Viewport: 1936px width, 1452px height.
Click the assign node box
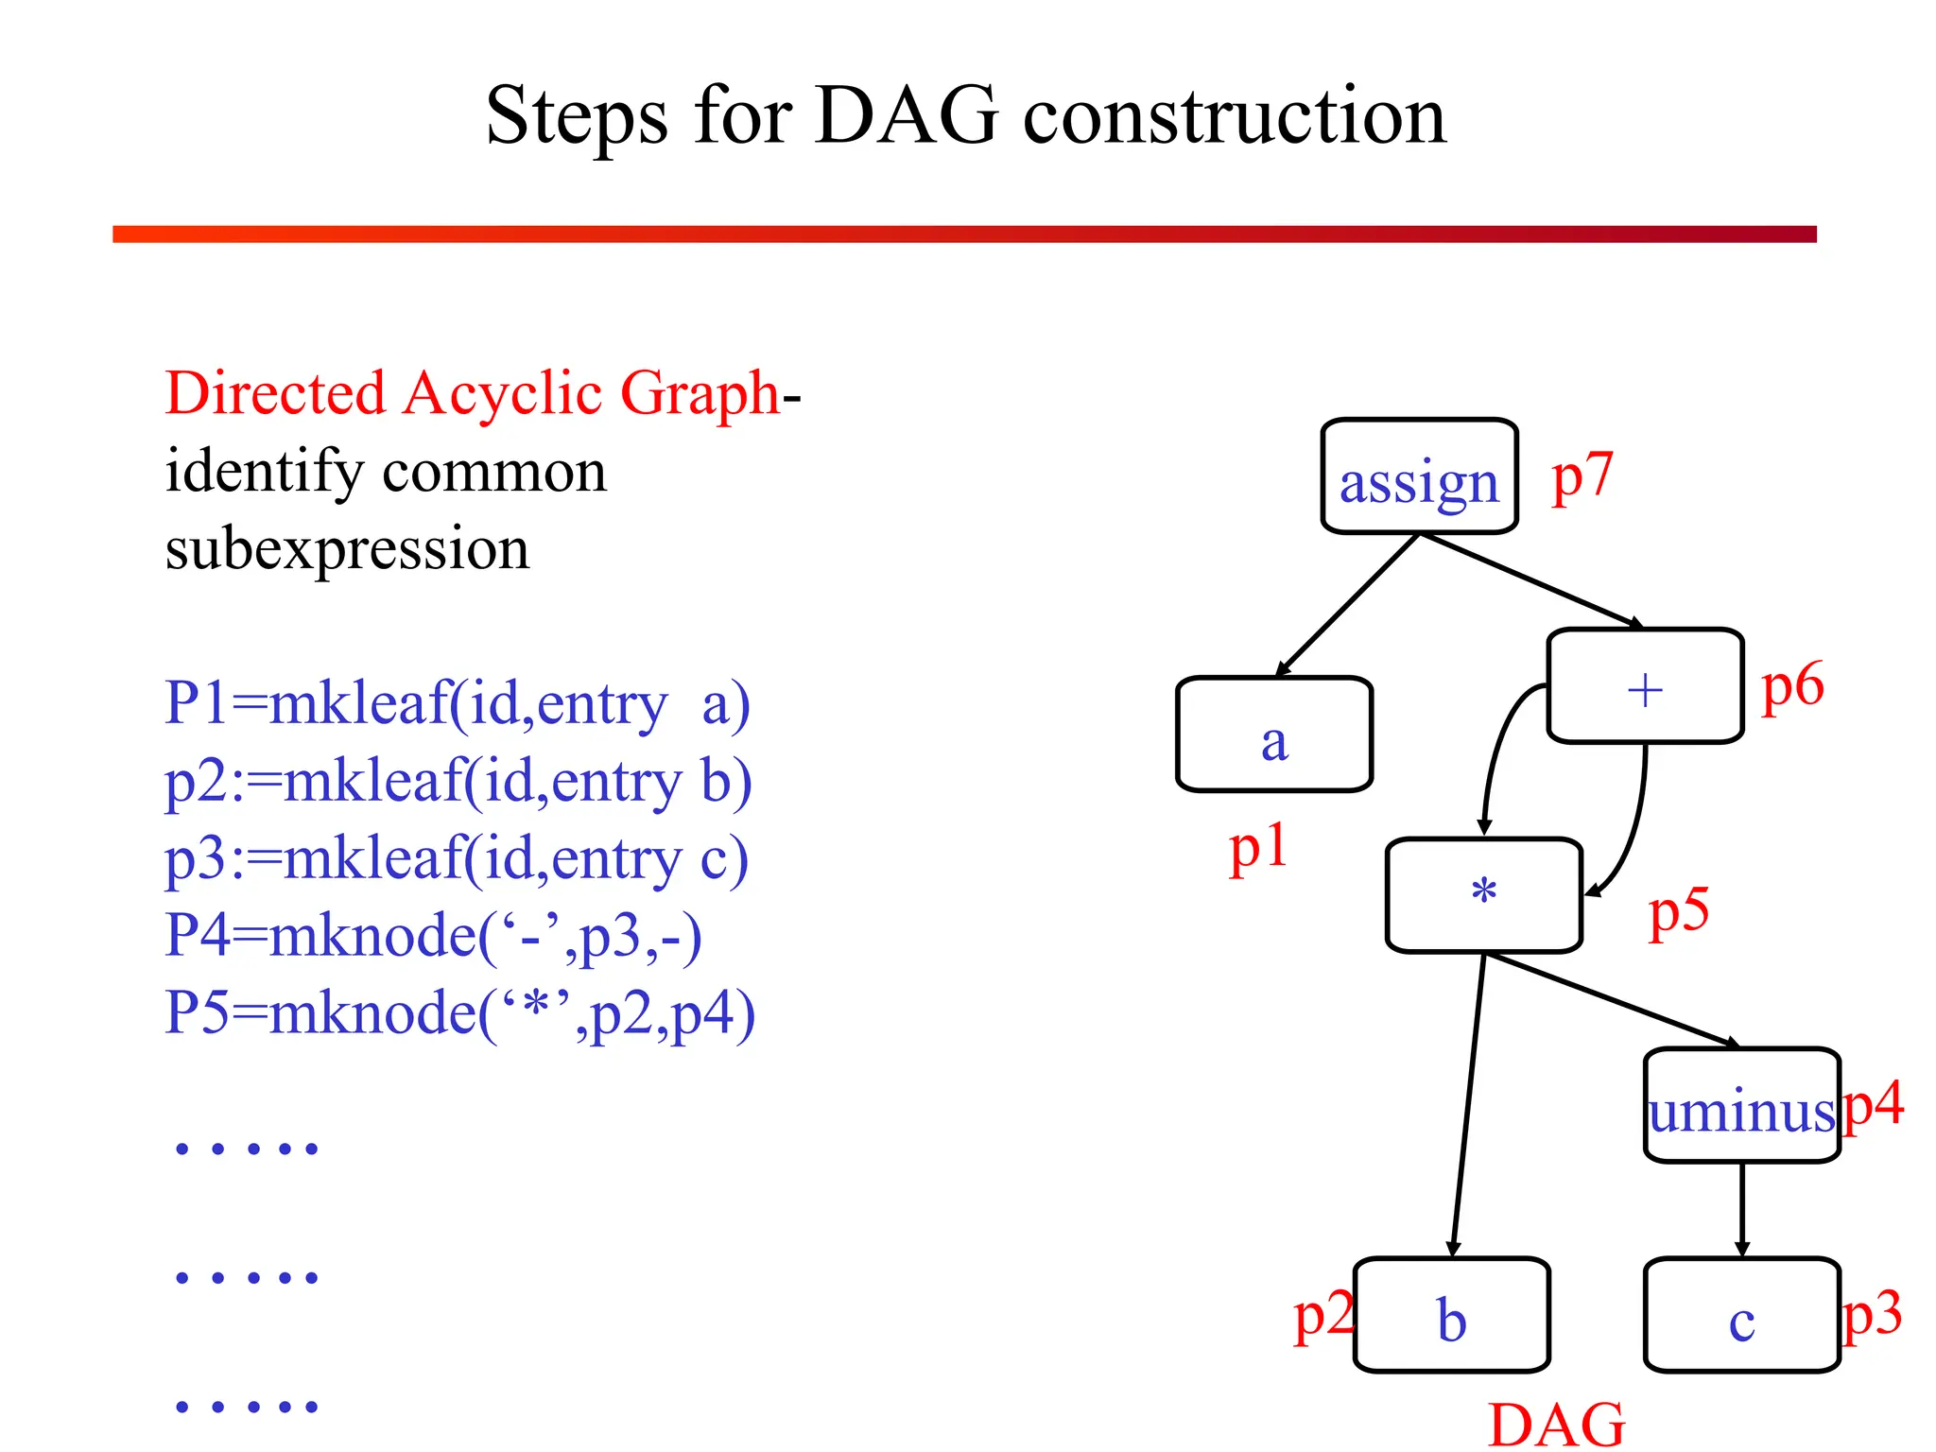point(1419,477)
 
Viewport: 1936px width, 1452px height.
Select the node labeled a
point(1273,735)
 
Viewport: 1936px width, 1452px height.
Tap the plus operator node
point(1645,687)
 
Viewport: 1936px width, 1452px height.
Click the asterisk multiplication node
point(1483,895)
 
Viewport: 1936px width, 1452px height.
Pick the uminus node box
point(1741,1106)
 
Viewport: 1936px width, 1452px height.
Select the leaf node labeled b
point(1451,1316)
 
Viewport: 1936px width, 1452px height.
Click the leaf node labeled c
point(1741,1316)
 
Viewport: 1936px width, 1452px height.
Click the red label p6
point(1792,685)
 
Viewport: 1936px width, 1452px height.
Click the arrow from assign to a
point(1347,606)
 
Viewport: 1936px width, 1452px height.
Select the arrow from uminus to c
point(1742,1210)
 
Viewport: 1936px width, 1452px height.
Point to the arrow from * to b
point(1468,1106)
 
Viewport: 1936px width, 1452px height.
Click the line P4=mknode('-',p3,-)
point(433,936)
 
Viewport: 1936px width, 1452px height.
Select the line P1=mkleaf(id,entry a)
point(458,703)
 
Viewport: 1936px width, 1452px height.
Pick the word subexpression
point(347,548)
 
